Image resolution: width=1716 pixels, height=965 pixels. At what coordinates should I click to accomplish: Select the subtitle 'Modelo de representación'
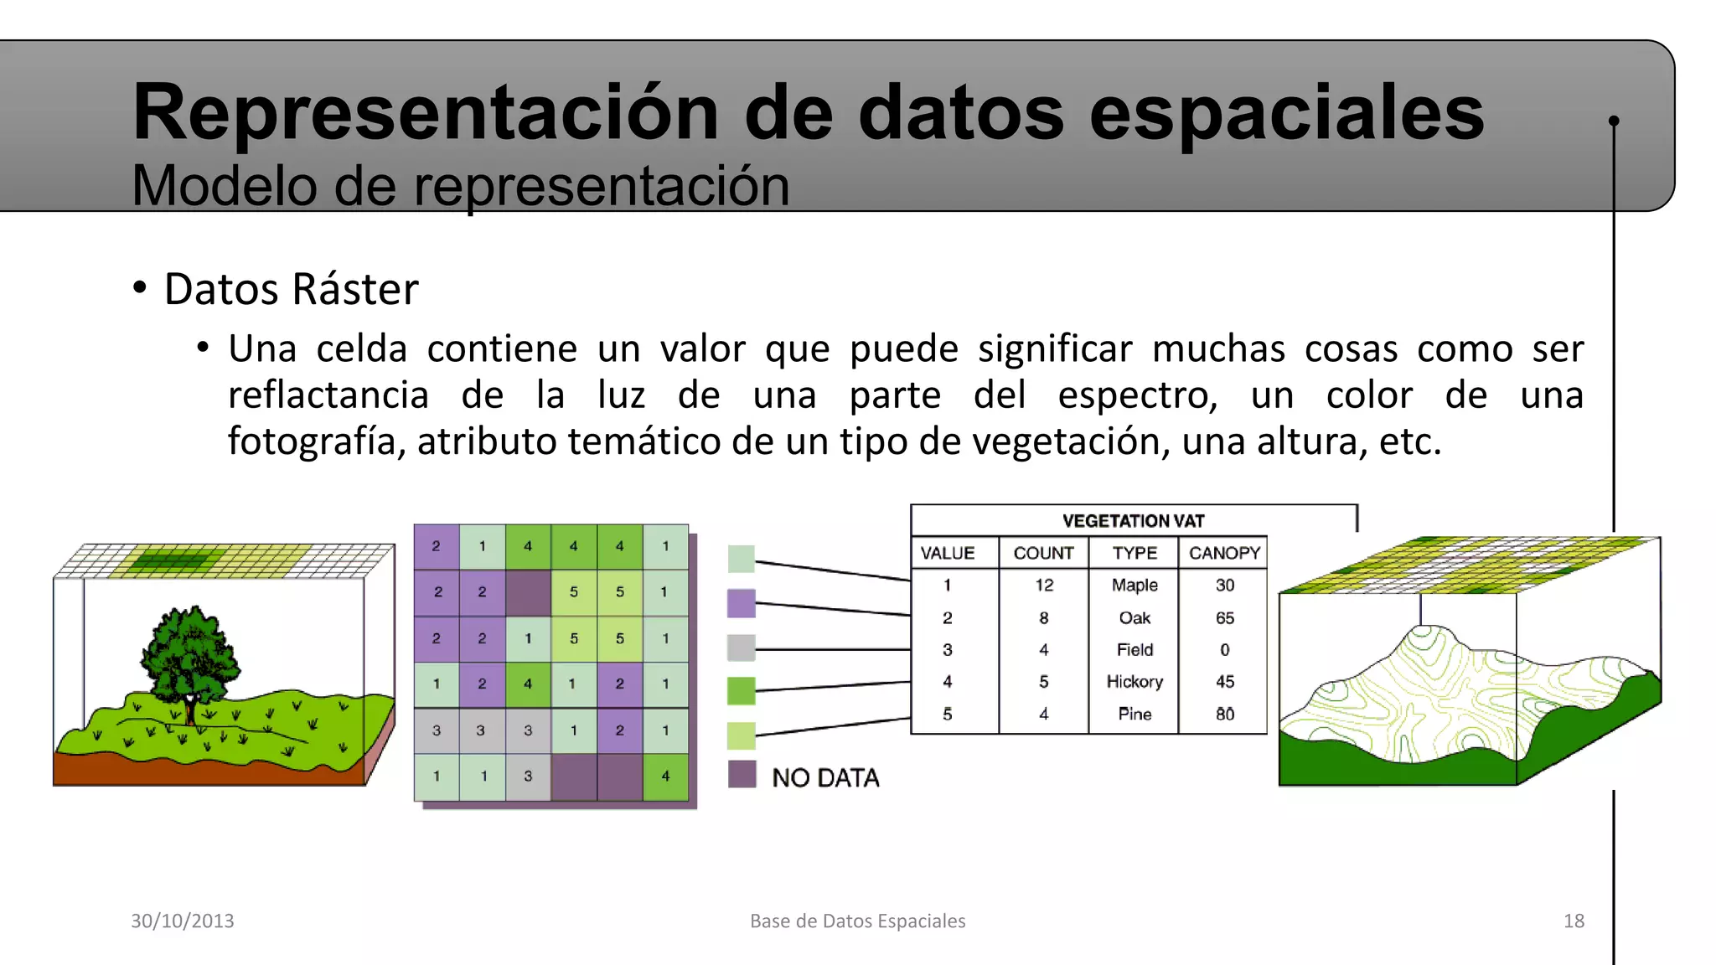(x=461, y=186)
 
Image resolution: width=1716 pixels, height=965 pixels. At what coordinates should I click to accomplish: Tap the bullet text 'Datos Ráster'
(x=291, y=290)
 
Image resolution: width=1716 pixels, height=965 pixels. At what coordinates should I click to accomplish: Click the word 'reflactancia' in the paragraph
(x=328, y=395)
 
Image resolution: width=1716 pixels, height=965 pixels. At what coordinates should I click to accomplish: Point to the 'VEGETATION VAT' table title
(x=1133, y=521)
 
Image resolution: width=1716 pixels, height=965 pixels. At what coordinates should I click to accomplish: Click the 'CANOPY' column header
(x=1224, y=553)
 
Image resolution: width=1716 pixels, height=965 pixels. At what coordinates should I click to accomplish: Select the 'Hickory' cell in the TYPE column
(x=1135, y=682)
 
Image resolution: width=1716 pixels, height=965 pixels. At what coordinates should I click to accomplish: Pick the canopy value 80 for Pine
(x=1224, y=715)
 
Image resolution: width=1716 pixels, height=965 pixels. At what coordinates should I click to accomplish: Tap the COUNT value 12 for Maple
(x=1044, y=586)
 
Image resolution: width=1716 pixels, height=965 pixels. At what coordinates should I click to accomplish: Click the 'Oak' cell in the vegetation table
(x=1135, y=618)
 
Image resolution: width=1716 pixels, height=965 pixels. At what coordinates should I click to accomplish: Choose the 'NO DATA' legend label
(x=825, y=778)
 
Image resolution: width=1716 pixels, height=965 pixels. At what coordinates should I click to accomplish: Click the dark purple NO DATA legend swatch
(x=742, y=774)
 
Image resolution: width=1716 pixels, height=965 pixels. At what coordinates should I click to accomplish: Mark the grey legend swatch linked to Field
(x=742, y=648)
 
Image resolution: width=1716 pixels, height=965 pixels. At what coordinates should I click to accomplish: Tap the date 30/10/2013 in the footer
(x=183, y=921)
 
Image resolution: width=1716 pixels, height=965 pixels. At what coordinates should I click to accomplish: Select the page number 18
(x=1574, y=921)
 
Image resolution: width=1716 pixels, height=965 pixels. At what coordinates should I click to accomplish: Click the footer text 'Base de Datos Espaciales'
(x=857, y=921)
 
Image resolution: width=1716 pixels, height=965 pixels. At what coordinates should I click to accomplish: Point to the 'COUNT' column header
(x=1043, y=553)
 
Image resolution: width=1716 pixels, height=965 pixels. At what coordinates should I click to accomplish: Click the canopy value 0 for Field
(x=1224, y=650)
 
